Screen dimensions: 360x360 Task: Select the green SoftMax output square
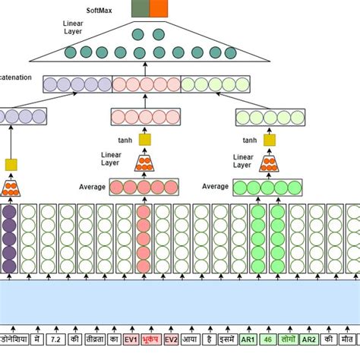140,9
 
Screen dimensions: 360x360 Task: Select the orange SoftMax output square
159,9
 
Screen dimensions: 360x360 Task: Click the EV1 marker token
131,339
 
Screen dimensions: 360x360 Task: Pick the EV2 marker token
172,339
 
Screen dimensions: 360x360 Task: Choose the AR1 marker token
248,339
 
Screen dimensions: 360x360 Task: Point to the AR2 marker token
308,339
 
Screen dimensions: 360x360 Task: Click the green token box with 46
268,339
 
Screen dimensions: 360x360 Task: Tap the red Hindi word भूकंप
151,339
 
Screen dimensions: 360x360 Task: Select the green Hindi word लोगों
288,339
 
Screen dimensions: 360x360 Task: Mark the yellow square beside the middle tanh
144,140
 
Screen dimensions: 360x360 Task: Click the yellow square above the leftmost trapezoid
11,165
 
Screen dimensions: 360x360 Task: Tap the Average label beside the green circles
215,186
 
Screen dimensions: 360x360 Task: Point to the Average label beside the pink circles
92,187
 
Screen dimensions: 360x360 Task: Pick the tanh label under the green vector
250,140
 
